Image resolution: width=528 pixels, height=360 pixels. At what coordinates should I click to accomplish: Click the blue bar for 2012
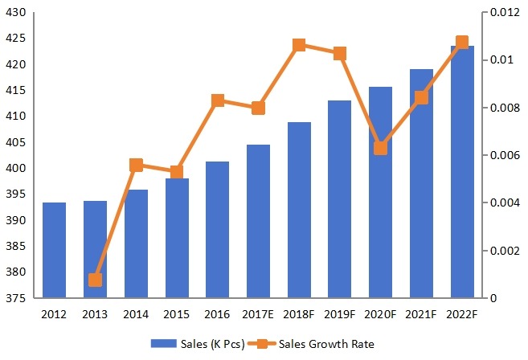(x=55, y=250)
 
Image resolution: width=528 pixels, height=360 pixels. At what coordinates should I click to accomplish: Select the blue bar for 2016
(x=218, y=230)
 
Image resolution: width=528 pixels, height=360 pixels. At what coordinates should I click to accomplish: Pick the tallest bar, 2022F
(x=462, y=172)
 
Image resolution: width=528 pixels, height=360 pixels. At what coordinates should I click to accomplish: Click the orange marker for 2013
(x=96, y=280)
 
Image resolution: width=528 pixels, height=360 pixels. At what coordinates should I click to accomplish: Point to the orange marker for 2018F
(x=299, y=45)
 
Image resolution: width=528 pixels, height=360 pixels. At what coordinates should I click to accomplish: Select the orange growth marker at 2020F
(x=381, y=148)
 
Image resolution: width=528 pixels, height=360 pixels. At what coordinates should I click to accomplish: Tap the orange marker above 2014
(x=136, y=166)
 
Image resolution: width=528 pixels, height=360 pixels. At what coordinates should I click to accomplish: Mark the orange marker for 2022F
(x=462, y=43)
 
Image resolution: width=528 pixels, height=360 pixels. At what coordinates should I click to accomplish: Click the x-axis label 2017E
(x=258, y=313)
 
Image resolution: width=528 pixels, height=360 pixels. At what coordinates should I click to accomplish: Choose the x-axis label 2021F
(x=421, y=313)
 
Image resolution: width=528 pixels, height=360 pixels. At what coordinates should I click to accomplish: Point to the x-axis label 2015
(x=177, y=313)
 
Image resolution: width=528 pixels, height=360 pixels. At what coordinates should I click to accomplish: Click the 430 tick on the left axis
(x=17, y=13)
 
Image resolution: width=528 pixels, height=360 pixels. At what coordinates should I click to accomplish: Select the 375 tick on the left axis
(x=17, y=298)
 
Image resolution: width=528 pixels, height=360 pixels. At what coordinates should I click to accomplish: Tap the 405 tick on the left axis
(x=17, y=142)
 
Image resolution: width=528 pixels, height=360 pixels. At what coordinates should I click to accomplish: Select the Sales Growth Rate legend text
(x=326, y=344)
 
